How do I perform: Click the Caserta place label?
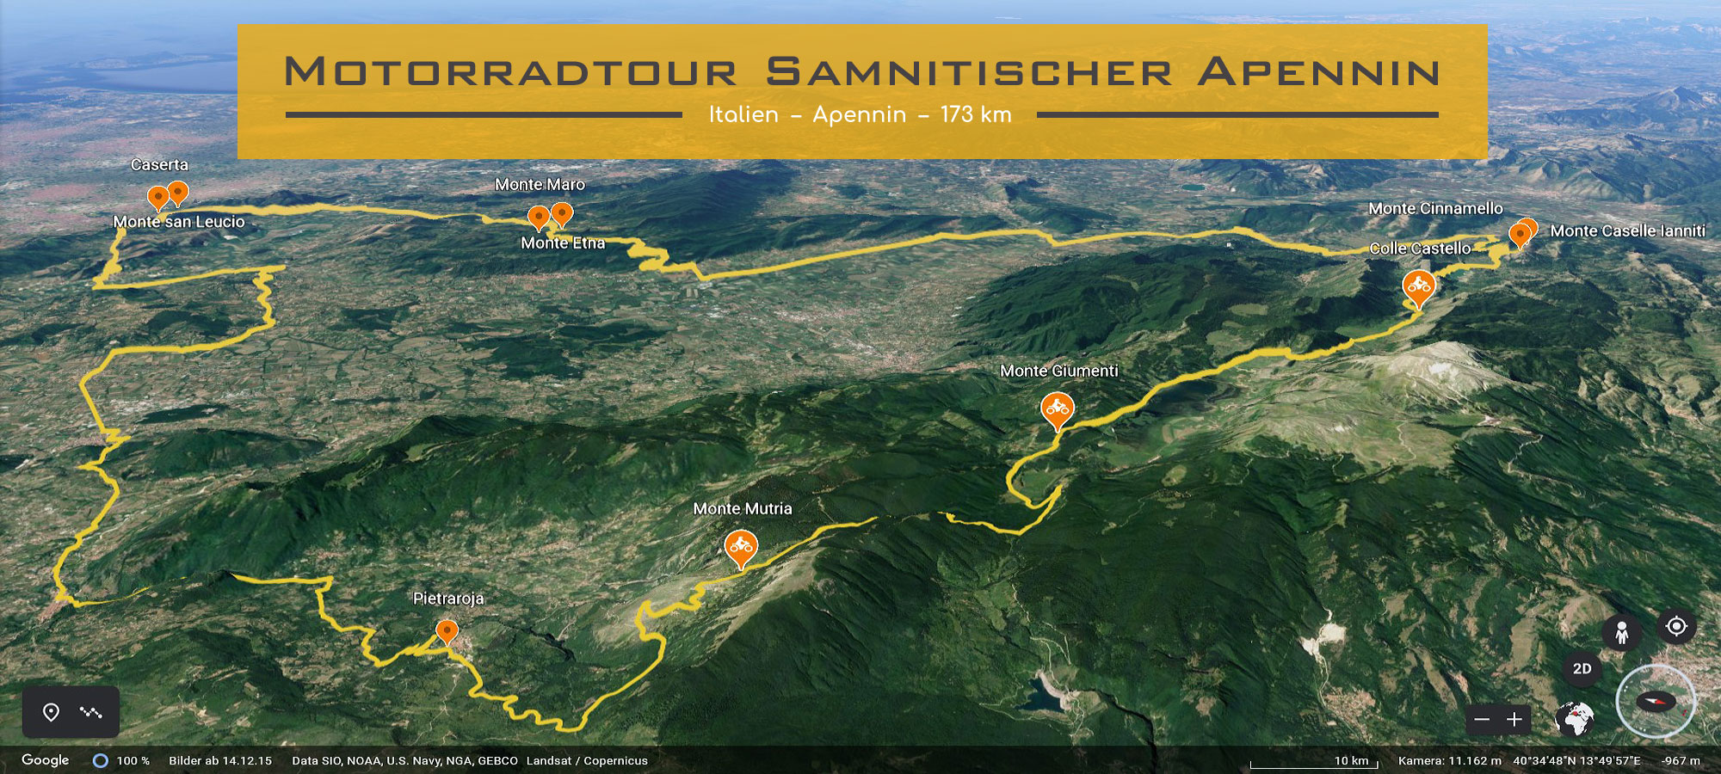159,165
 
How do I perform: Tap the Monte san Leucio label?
179,222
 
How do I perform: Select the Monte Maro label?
540,185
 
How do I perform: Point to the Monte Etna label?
563,243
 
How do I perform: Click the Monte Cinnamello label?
1435,209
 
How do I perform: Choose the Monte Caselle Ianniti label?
1627,231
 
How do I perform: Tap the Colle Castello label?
1420,249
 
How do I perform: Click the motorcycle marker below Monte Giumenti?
1057,409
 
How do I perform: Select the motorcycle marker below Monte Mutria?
741,547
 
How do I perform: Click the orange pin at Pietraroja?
447,632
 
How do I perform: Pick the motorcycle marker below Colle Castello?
1418,286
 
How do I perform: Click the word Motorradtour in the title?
511,72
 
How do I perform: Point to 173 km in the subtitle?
976,115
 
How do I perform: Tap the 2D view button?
1582,669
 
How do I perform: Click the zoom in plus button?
1514,720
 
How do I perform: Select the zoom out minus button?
1482,720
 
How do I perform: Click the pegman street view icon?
1622,633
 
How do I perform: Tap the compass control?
1656,702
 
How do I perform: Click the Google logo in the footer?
46,760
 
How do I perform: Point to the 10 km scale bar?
1314,762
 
